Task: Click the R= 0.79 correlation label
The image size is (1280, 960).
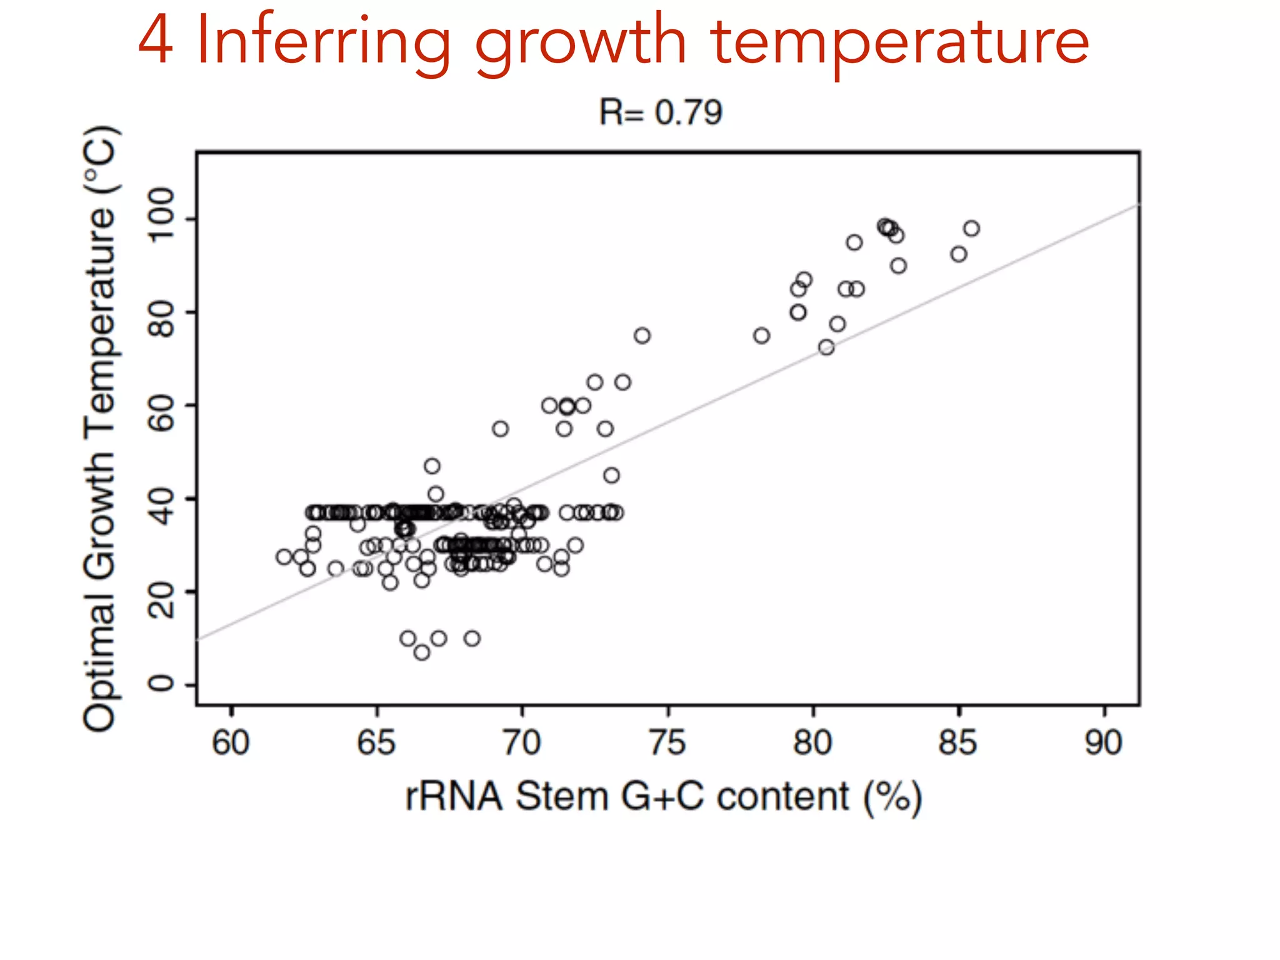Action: tap(660, 113)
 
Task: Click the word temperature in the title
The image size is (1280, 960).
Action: tap(899, 42)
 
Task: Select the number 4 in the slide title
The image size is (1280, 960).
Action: tap(155, 41)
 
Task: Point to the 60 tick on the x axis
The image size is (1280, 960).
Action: tap(231, 742)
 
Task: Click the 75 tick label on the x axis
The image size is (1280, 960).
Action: tap(667, 742)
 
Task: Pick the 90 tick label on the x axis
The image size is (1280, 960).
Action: tap(1103, 742)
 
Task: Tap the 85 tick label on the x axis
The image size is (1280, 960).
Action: tap(957, 742)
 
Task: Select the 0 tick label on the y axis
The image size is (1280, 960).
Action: tap(161, 683)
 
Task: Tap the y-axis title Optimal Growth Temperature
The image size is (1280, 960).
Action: tap(100, 428)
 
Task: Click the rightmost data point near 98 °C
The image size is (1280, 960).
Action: tap(971, 229)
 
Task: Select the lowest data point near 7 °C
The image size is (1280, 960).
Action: tap(422, 652)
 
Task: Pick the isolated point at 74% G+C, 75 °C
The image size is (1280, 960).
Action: tap(642, 336)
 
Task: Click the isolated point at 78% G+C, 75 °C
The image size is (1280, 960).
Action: tap(761, 336)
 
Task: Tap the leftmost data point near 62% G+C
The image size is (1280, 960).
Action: tap(284, 556)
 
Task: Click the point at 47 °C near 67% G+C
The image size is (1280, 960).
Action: tap(432, 466)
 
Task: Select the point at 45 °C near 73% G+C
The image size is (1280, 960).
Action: tap(611, 476)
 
